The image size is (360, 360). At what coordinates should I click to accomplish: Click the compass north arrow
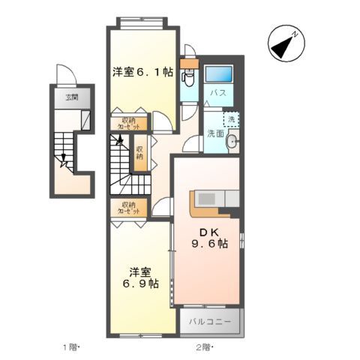(x=286, y=45)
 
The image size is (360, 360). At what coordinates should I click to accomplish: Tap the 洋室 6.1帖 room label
(x=142, y=73)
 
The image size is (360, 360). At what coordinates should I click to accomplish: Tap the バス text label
(x=218, y=93)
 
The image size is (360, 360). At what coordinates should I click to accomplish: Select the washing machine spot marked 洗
(x=231, y=120)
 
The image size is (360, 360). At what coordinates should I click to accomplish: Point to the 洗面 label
(x=215, y=133)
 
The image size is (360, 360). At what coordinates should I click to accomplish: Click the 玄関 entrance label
(x=71, y=97)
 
